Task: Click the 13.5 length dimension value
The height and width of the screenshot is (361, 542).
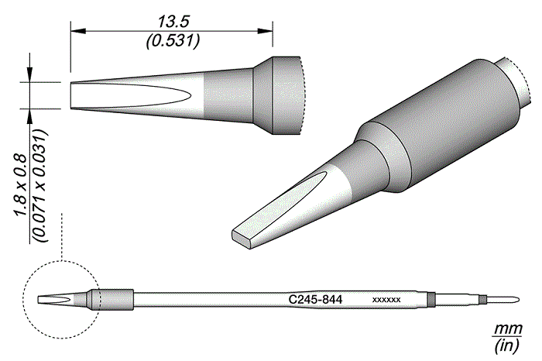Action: [173, 22]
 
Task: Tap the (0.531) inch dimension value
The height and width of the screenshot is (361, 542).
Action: [173, 42]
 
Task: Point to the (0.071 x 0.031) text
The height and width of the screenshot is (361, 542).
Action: [39, 186]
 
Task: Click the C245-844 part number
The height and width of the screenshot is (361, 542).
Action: [315, 300]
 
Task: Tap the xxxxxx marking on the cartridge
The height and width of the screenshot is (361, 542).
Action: [386, 300]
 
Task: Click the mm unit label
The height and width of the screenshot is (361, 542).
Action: [507, 328]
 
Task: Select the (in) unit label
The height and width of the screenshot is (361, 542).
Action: [507, 346]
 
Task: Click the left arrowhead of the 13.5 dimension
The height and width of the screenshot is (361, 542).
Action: [78, 32]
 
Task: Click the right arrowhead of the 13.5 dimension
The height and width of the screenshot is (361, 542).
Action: [265, 32]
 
